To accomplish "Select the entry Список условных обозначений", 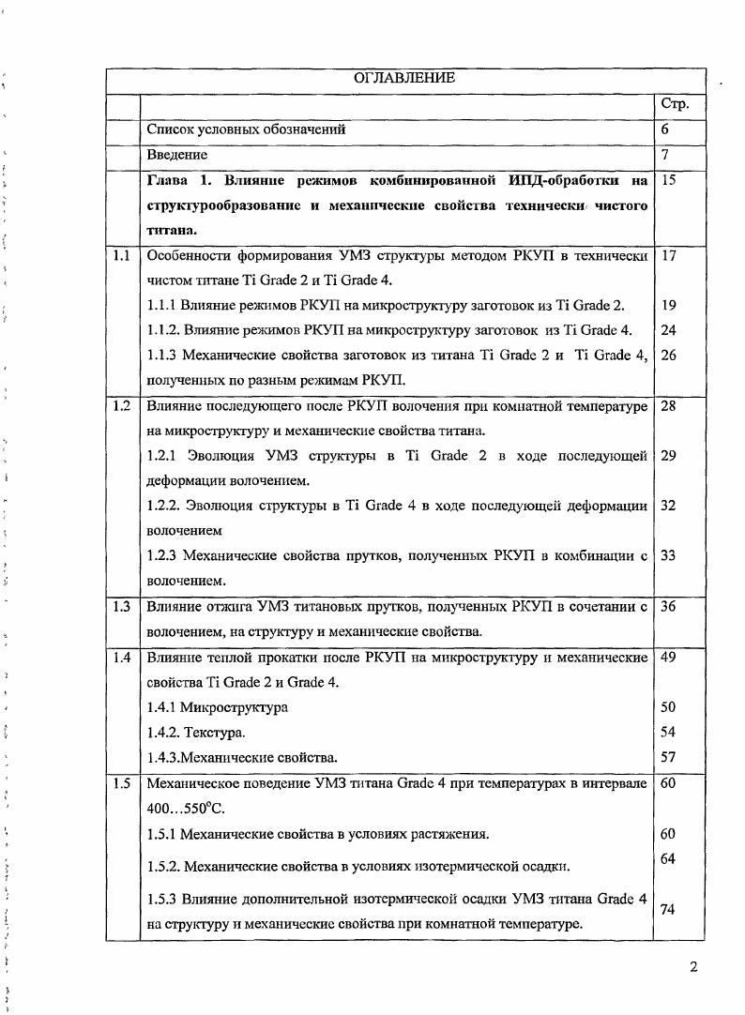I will point(247,129).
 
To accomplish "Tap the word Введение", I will point(177,154).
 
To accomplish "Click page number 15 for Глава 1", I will point(668,179).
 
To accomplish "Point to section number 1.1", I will point(120,255).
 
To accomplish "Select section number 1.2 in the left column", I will point(120,406).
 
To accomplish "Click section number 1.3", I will point(120,607).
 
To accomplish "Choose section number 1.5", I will point(120,783).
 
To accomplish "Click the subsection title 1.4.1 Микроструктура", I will point(218,707).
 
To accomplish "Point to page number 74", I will point(668,909).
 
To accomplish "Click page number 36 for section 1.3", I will point(668,607).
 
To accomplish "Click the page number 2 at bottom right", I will point(692,967).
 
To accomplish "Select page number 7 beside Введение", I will point(664,154).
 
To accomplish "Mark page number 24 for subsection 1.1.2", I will point(668,330).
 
